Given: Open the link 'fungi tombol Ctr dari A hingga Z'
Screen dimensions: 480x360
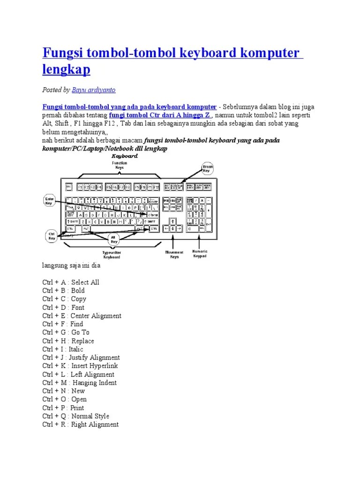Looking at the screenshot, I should point(161,115).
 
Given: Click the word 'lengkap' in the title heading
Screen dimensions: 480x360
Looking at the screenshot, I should point(66,69).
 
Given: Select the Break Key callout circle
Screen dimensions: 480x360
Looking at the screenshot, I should point(207,168).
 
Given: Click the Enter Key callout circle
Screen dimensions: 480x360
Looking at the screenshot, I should point(49,201).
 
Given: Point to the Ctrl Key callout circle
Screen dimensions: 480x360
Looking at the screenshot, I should point(51,235).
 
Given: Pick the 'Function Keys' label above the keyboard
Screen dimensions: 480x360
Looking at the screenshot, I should point(119,165).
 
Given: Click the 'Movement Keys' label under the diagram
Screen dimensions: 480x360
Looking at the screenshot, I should point(174,255).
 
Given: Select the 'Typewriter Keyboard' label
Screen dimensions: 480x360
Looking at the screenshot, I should point(112,255).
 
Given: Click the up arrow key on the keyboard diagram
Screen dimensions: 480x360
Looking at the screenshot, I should point(173,220).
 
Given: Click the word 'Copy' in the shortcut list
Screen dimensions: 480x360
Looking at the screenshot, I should point(78,299).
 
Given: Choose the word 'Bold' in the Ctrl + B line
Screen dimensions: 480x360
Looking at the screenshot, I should point(78,291).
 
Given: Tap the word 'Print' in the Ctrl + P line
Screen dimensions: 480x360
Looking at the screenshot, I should point(77,408).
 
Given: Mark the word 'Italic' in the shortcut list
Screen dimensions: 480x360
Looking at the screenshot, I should point(76,349).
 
